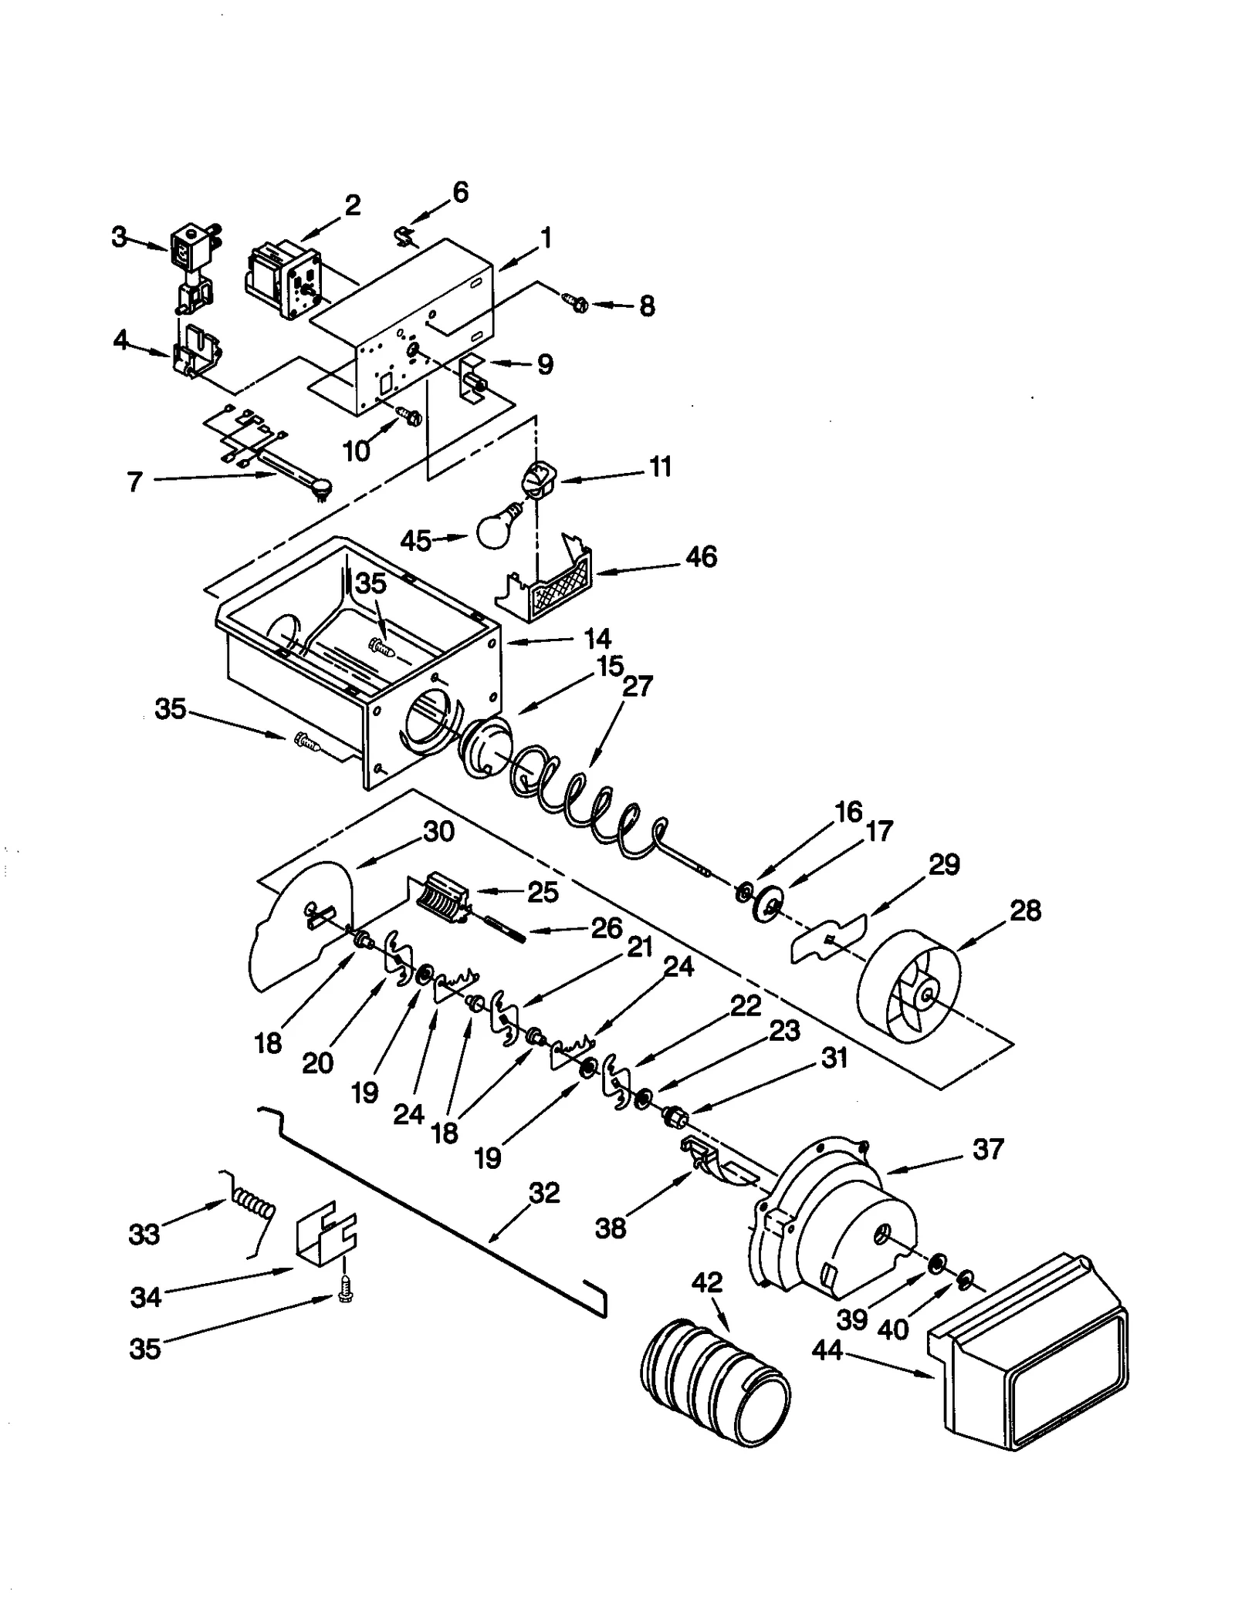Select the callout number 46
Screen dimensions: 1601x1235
click(701, 557)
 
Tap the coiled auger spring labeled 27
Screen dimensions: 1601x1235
click(587, 802)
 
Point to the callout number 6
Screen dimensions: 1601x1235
click(460, 192)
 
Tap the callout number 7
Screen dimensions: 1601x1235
click(134, 482)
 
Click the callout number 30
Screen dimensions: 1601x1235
click(438, 832)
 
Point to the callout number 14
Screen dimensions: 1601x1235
click(597, 638)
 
